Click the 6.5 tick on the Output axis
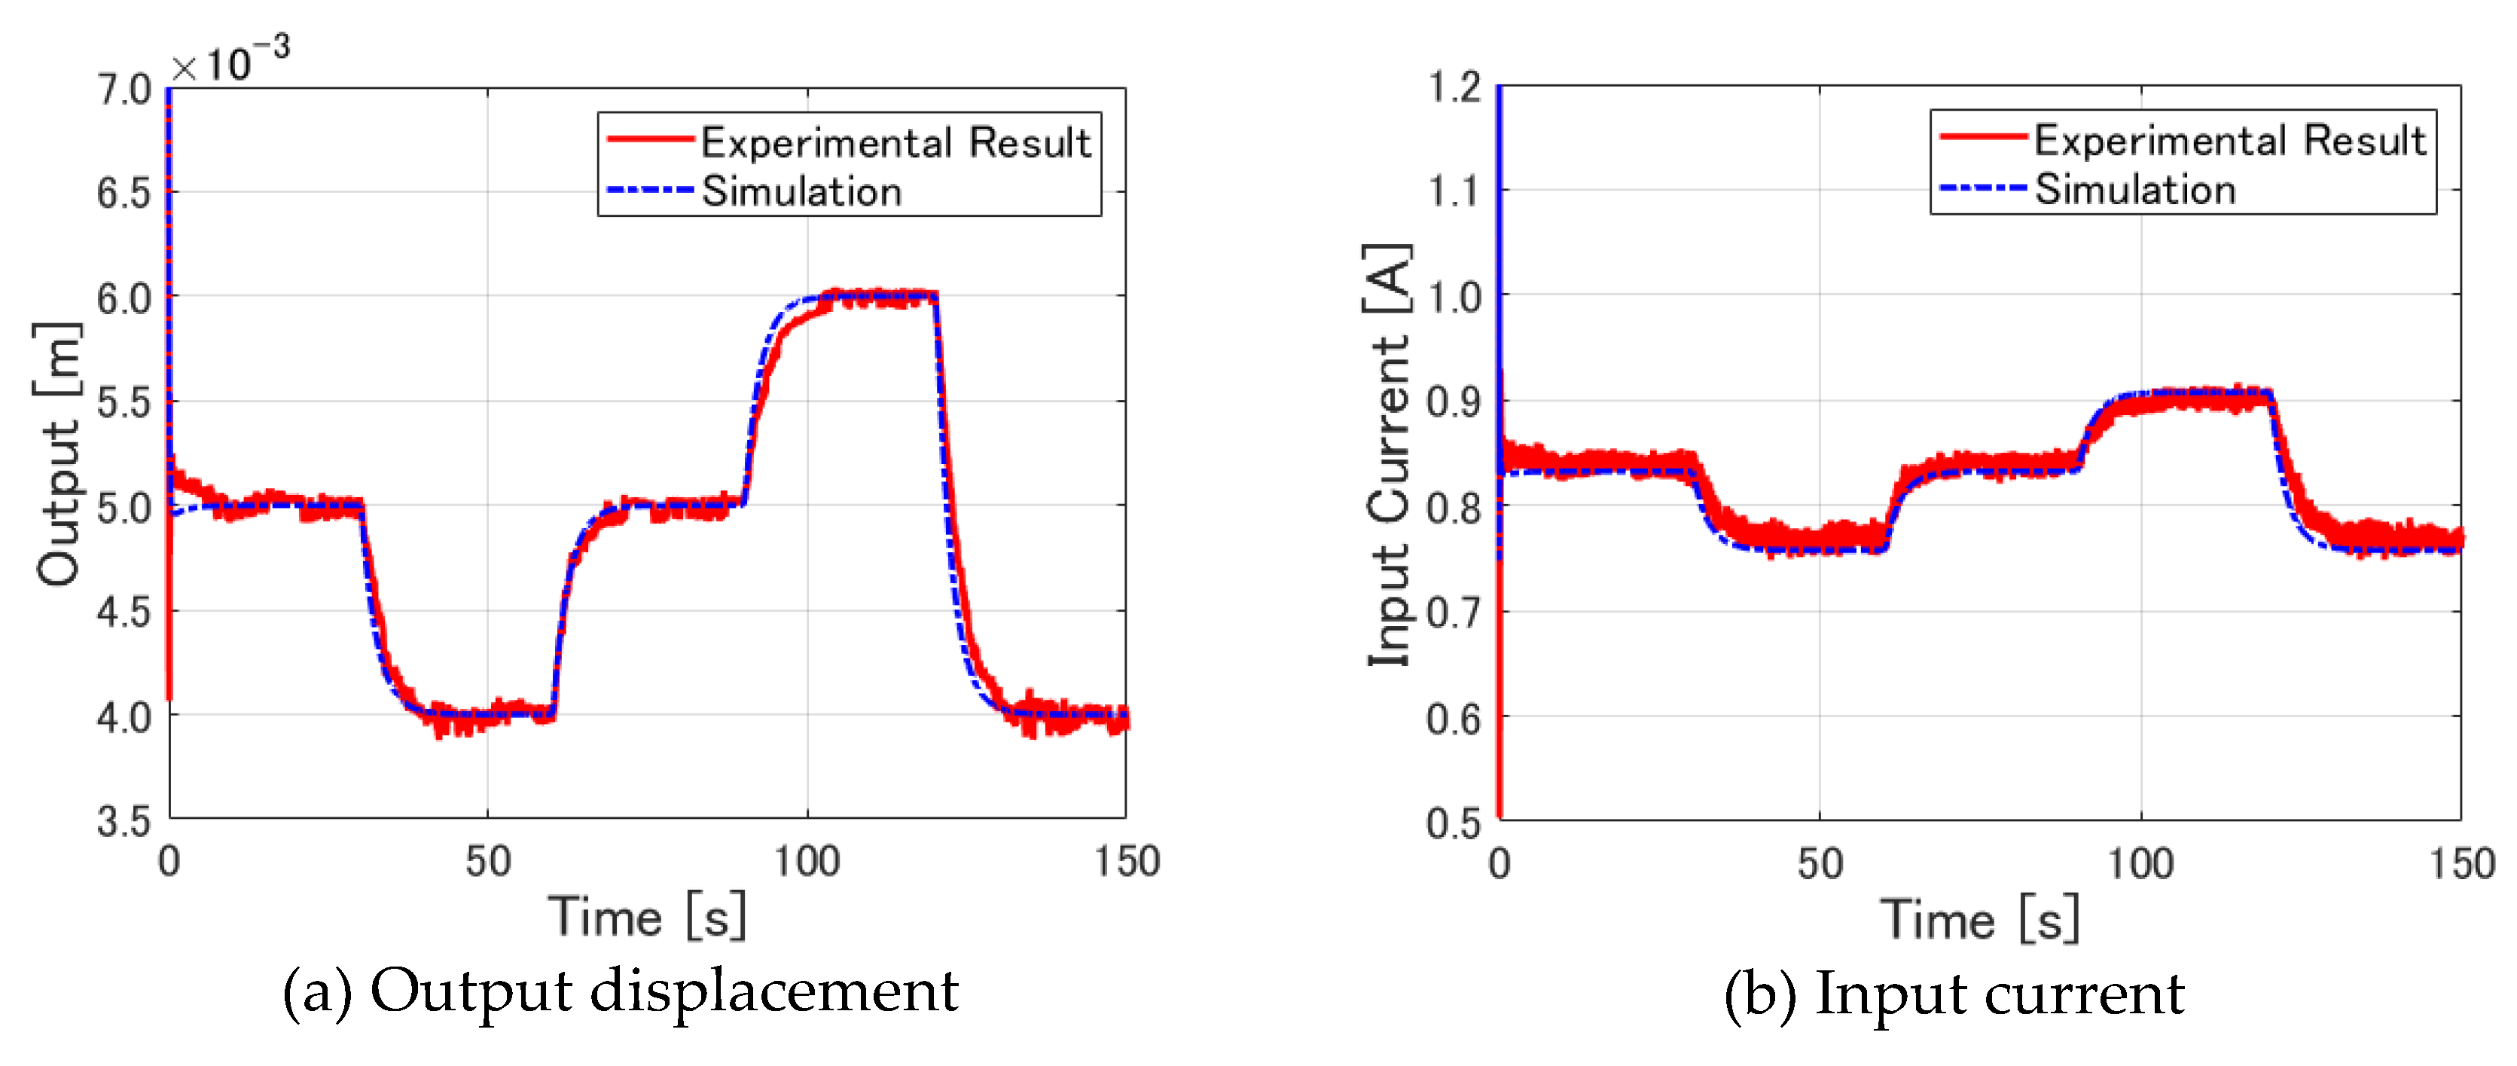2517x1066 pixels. (x=124, y=194)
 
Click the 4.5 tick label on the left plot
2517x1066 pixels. (x=124, y=612)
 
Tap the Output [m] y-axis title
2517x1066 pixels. (x=56, y=454)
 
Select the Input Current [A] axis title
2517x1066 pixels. (x=1387, y=455)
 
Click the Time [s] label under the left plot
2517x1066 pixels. (x=647, y=918)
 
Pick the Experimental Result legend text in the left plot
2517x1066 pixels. (x=895, y=142)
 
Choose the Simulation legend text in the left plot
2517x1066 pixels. (x=801, y=191)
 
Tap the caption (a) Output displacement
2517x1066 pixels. (x=621, y=991)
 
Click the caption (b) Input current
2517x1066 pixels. (x=1954, y=994)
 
